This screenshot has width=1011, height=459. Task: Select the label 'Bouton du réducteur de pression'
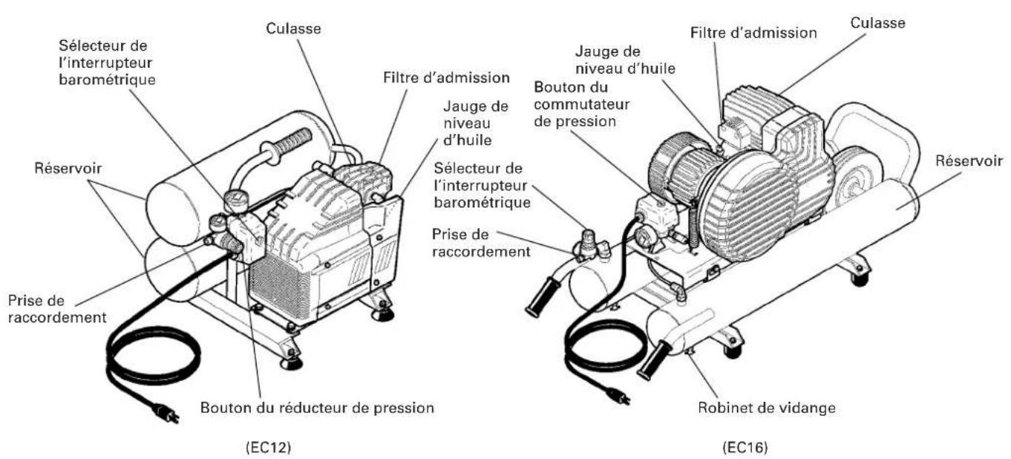318,408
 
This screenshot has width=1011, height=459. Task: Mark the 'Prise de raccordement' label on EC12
55,309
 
